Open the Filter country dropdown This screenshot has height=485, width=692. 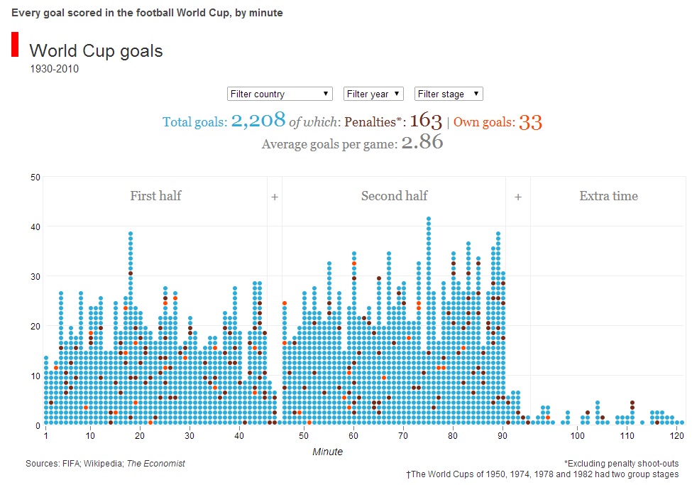click(x=280, y=94)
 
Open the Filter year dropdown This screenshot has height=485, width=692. click(x=373, y=94)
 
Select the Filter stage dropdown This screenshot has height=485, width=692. click(x=449, y=94)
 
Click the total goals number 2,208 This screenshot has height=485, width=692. click(x=258, y=120)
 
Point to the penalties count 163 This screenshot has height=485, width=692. click(x=426, y=121)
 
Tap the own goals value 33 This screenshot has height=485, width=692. click(x=530, y=122)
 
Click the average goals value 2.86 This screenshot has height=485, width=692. click(x=422, y=143)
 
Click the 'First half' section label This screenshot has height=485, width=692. click(x=155, y=196)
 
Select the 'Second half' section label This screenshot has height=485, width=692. click(x=395, y=196)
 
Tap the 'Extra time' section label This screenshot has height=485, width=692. click(x=608, y=196)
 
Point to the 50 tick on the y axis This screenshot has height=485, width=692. click(x=35, y=177)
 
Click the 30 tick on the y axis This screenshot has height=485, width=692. click(x=35, y=276)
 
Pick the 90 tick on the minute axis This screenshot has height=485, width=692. click(x=502, y=435)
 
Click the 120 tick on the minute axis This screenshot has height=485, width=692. click(x=677, y=435)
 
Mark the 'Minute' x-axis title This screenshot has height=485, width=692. click(x=327, y=452)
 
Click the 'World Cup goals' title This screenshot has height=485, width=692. click(x=96, y=51)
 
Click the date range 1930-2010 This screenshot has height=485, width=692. click(x=54, y=69)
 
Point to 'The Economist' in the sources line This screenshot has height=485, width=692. click(x=155, y=464)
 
